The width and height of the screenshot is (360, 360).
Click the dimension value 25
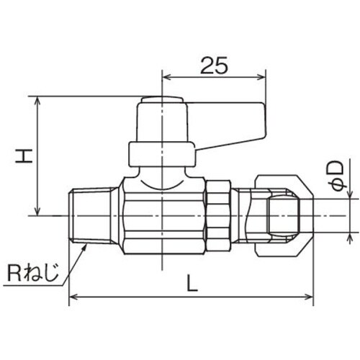click(x=214, y=66)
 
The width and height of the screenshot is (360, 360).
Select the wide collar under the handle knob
click(x=162, y=153)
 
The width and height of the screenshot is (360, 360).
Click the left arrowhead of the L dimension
click(x=73, y=297)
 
